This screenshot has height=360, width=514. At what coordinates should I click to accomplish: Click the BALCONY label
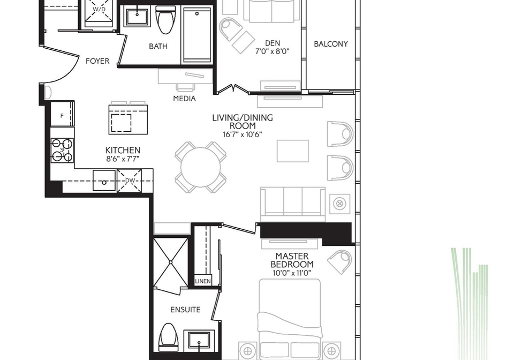[331, 44]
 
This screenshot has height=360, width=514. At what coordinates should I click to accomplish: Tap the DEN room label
[273, 43]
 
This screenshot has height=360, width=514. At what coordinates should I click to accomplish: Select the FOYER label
[97, 61]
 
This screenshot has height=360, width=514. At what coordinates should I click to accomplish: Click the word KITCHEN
[123, 150]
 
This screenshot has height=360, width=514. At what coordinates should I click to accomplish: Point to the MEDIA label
[184, 99]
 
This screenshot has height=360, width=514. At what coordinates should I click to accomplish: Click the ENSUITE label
[185, 310]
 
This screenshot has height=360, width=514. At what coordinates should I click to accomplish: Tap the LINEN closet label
[203, 281]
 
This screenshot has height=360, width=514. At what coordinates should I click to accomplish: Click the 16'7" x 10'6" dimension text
[242, 134]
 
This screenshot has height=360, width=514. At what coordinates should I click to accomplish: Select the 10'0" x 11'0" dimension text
[291, 273]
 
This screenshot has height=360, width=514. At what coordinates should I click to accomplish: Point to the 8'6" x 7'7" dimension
[123, 159]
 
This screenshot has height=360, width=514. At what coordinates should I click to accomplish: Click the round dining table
[200, 167]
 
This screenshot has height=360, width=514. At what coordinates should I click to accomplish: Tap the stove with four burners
[62, 150]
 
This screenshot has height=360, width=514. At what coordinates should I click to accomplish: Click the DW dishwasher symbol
[130, 181]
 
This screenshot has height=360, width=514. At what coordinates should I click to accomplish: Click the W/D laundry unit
[99, 13]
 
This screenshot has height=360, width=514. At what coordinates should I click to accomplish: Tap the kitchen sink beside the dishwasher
[104, 180]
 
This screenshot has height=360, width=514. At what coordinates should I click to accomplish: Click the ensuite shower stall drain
[171, 262]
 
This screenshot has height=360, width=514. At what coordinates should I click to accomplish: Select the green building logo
[470, 303]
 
